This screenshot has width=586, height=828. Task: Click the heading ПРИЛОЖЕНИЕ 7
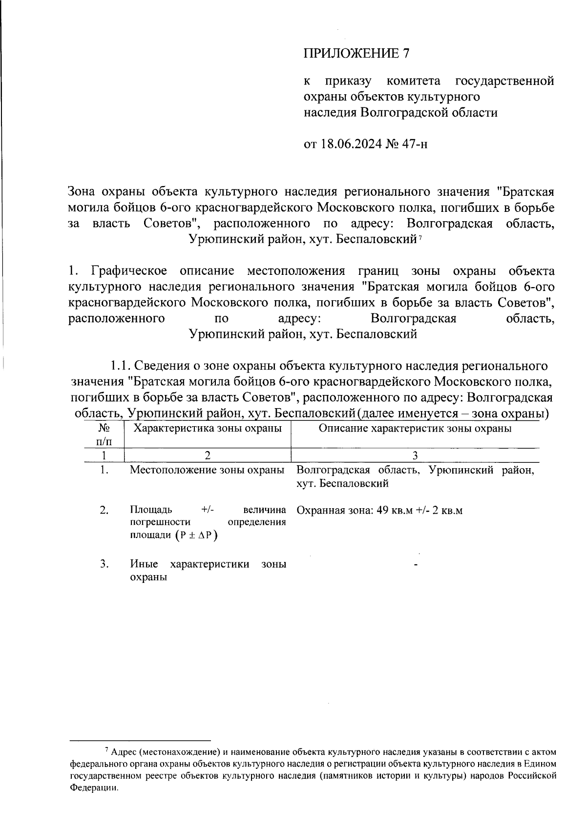pyautogui.click(x=356, y=53)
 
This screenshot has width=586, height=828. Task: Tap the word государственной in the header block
pyautogui.click(x=504, y=81)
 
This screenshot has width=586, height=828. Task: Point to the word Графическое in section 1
pyautogui.click(x=129, y=271)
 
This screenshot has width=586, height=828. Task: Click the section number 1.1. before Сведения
pyautogui.click(x=120, y=366)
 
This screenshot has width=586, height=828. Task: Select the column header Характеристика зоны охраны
pyautogui.click(x=208, y=429)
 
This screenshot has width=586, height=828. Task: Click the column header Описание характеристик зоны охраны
pyautogui.click(x=415, y=429)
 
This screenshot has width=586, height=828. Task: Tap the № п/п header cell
pyautogui.click(x=104, y=435)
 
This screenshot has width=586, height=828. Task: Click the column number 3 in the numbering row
pyautogui.click(x=415, y=455)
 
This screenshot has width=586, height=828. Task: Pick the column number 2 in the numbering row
pyautogui.click(x=208, y=455)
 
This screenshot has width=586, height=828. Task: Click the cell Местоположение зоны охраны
pyautogui.click(x=208, y=470)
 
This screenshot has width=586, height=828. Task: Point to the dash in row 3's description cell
pyautogui.click(x=416, y=565)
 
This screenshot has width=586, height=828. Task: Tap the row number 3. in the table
pyautogui.click(x=104, y=564)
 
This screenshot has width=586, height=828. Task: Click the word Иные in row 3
pyautogui.click(x=144, y=564)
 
